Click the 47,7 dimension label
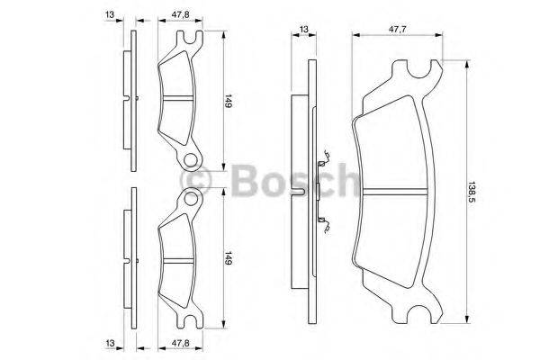click(396, 29)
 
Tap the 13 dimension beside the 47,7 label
click(303, 29)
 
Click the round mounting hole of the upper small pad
click(190, 160)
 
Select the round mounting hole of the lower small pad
click(190, 200)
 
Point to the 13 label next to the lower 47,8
click(109, 343)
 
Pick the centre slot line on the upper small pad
click(177, 96)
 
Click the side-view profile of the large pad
click(309, 189)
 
